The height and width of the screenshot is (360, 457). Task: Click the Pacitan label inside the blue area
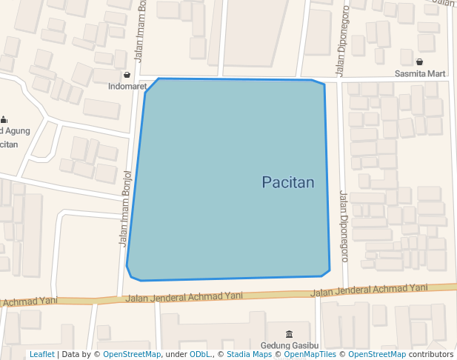[x=288, y=182]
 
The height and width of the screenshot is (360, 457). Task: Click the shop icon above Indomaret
[x=127, y=75]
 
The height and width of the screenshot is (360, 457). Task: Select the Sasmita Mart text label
[x=420, y=74]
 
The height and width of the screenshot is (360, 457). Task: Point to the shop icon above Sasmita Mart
[x=420, y=62]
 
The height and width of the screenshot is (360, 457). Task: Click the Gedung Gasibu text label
[x=289, y=346]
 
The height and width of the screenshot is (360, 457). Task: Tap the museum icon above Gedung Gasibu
[x=289, y=335]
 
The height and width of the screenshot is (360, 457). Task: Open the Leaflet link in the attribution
[x=41, y=354]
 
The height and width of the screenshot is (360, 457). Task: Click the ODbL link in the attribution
[x=200, y=354]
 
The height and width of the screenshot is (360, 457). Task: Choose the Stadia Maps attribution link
[x=249, y=354]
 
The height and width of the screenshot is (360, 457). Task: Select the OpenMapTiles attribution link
[x=306, y=354]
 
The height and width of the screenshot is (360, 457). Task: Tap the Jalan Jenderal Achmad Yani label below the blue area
[x=184, y=296]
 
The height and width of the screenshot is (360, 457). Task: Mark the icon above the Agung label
[x=4, y=119]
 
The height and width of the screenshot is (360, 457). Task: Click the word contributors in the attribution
[x=430, y=354]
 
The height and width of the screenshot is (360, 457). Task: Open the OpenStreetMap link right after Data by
[x=132, y=354]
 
